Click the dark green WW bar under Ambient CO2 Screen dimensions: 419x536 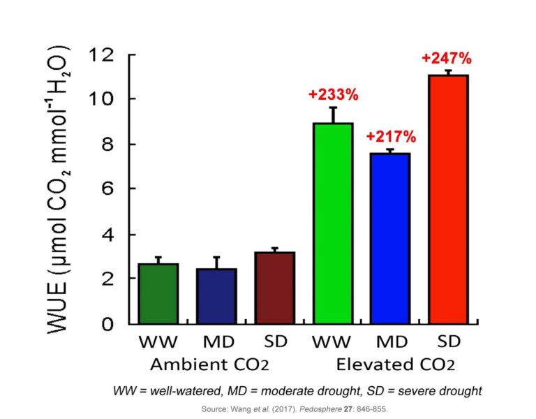point(158,294)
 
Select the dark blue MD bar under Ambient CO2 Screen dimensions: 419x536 point(216,296)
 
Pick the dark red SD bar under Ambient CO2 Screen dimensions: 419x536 point(274,288)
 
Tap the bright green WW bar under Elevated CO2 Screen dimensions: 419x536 point(332,223)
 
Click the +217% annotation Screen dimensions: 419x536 point(390,136)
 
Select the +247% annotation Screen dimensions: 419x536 point(447,58)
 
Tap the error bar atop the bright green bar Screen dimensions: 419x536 point(333,115)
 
